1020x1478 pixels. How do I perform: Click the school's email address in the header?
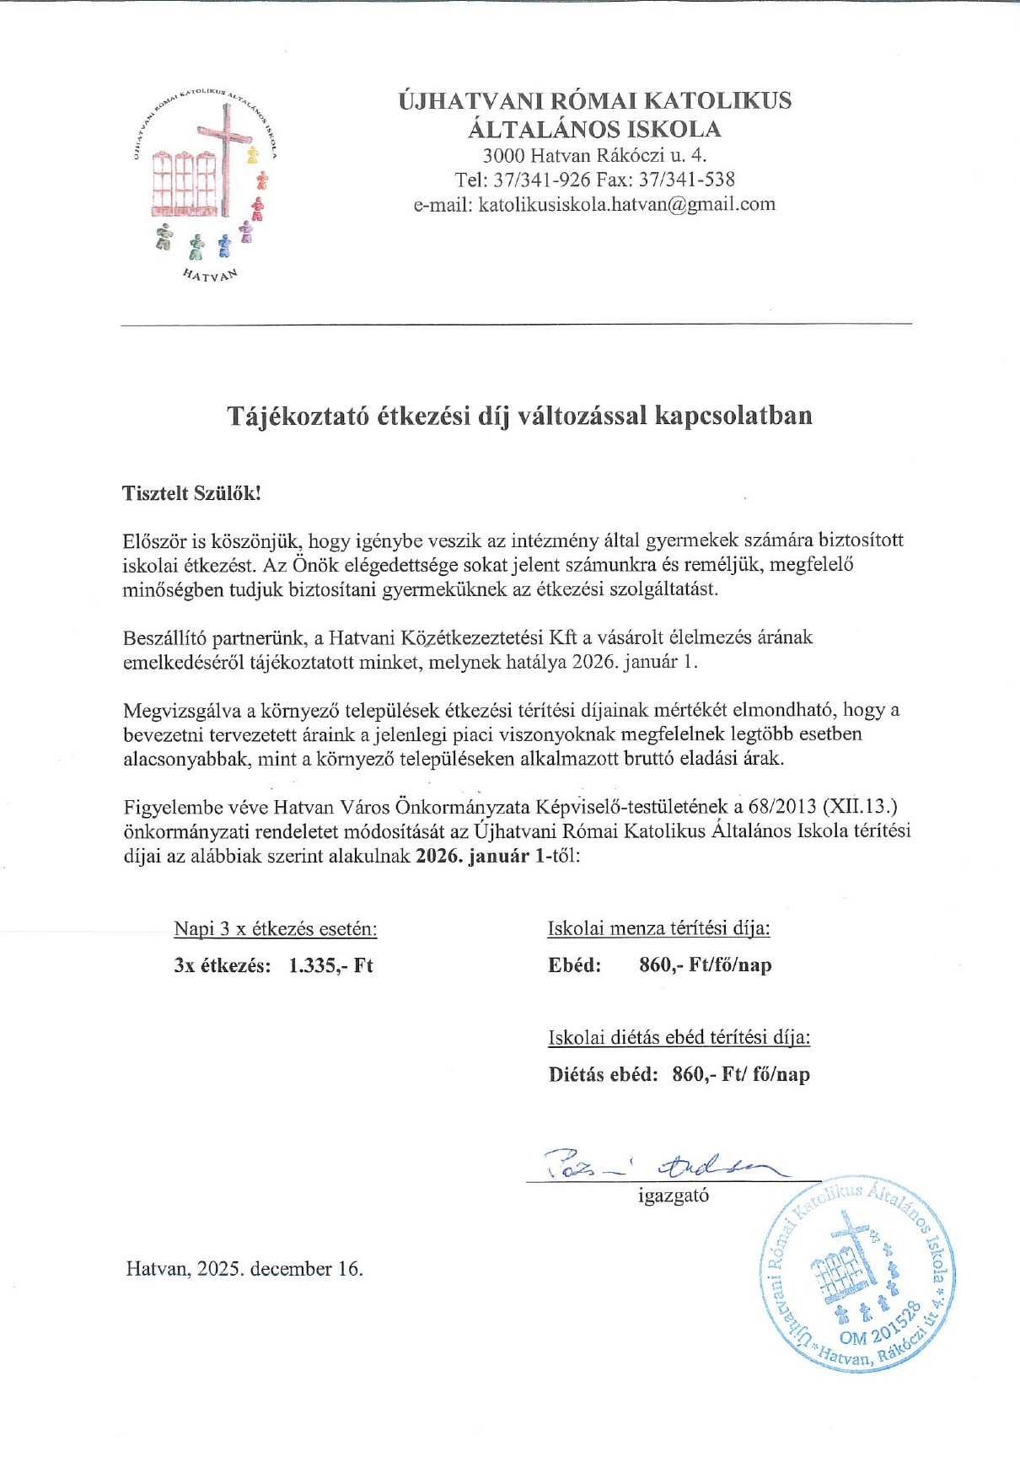[x=626, y=204]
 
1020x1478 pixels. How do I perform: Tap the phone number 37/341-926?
[x=542, y=180]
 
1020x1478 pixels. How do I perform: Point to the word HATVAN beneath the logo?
[x=211, y=275]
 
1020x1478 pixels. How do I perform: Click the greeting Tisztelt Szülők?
[x=191, y=493]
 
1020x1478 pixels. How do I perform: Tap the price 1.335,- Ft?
[x=330, y=965]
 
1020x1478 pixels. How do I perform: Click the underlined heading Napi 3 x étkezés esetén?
[x=275, y=929]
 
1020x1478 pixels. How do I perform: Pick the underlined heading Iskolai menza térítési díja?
[x=658, y=929]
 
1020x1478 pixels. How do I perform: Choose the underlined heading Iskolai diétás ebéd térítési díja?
[x=679, y=1038]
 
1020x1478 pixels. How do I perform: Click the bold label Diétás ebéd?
[x=603, y=1074]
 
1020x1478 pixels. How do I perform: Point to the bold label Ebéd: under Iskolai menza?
[x=574, y=965]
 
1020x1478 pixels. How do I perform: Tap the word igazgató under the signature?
[x=674, y=1196]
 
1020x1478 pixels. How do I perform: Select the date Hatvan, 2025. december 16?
[x=244, y=1269]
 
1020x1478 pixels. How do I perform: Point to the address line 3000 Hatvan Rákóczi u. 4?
[x=594, y=155]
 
